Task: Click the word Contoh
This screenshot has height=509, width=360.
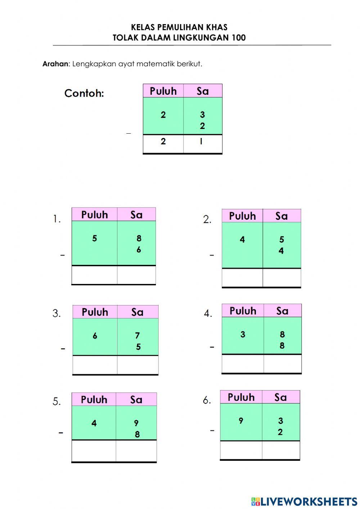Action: coord(84,93)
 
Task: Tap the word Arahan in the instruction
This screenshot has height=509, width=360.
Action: coord(55,64)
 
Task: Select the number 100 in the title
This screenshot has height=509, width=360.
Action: coord(238,38)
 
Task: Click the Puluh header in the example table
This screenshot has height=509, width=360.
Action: coord(163,91)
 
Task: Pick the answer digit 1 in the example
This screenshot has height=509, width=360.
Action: coord(201,142)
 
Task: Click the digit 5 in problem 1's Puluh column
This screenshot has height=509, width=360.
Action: coord(94,238)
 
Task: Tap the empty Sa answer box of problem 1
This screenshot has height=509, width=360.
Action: coord(136,275)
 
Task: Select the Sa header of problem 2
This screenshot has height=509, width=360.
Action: coord(282,216)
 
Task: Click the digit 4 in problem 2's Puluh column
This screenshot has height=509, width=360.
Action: coord(242,240)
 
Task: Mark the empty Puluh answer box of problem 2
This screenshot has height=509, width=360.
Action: coord(242,278)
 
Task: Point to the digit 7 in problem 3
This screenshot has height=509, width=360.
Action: coord(138,336)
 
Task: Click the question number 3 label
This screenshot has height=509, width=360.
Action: coord(57,313)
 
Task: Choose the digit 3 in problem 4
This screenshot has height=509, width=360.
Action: coord(243,335)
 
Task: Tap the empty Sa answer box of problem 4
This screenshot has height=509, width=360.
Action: coord(282,363)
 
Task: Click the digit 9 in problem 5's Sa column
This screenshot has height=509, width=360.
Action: coord(136,423)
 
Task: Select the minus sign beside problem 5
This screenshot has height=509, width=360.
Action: coord(61,433)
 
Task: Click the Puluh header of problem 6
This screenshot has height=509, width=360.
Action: coord(241,397)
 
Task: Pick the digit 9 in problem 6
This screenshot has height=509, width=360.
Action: coord(241,420)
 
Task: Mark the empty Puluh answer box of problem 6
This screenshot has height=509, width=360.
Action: coord(241,450)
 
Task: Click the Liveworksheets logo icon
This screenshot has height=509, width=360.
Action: coord(256,501)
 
